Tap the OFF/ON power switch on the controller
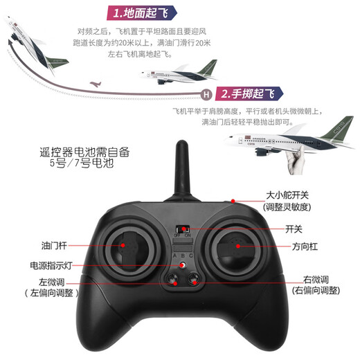[183, 229]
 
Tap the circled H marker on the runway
[205, 94]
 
